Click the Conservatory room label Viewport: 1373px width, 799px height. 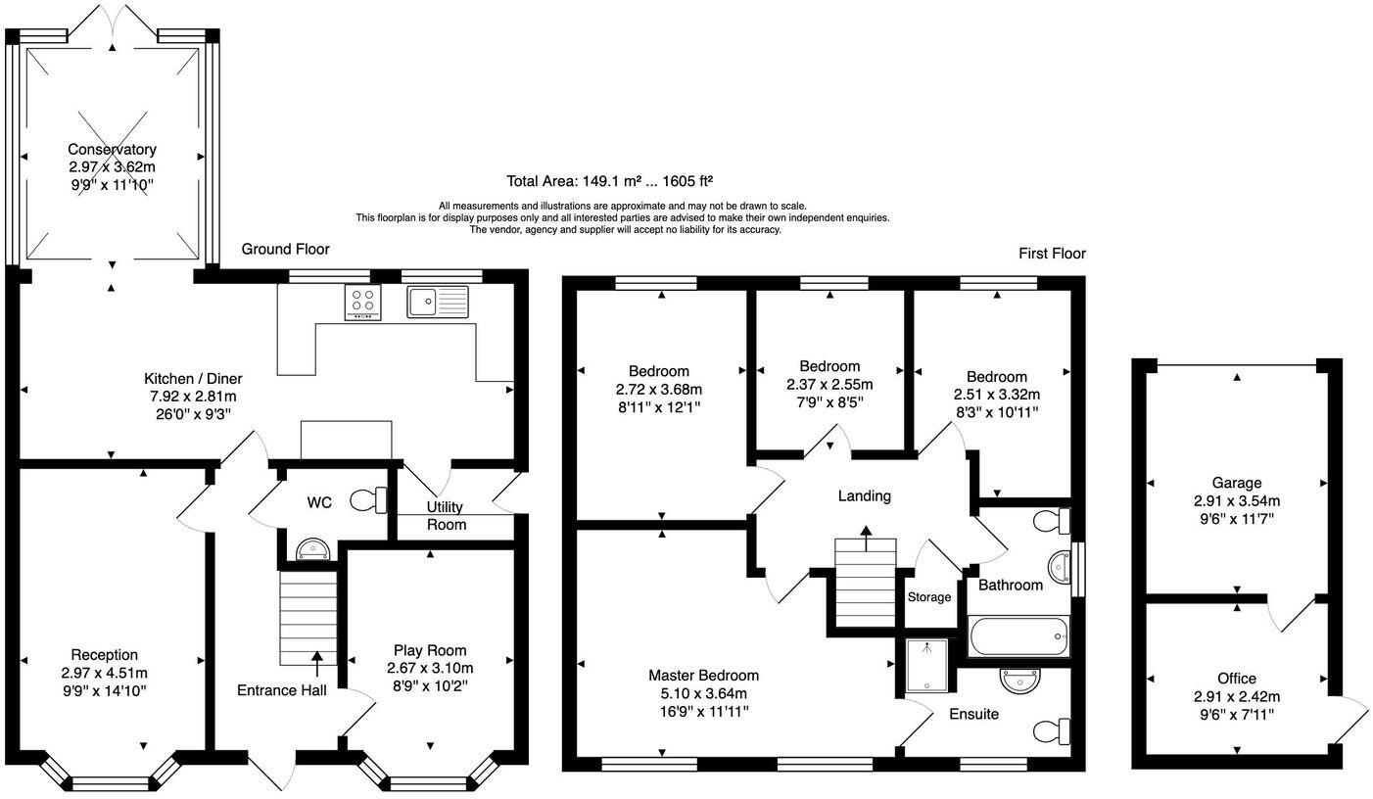112,149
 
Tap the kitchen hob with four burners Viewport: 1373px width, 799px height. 363,302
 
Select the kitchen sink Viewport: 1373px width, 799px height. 438,302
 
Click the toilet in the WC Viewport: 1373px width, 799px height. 369,500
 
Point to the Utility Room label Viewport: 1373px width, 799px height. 447,516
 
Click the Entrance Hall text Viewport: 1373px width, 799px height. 282,690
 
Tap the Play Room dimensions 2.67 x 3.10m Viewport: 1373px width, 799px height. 430,668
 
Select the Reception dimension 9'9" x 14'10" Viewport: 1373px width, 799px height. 104,691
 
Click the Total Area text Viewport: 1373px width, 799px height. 609,181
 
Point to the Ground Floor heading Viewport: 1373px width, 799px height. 285,249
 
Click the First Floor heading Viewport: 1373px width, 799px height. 1052,253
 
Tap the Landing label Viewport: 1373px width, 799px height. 865,495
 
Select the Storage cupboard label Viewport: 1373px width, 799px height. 929,596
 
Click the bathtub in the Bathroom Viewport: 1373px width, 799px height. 1018,636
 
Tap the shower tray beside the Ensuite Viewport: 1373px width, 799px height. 926,666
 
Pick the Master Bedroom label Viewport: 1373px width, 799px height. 704,676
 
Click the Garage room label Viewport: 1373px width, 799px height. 1236,483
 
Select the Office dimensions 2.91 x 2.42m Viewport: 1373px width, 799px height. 1237,696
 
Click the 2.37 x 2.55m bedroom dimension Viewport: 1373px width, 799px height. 829,384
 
